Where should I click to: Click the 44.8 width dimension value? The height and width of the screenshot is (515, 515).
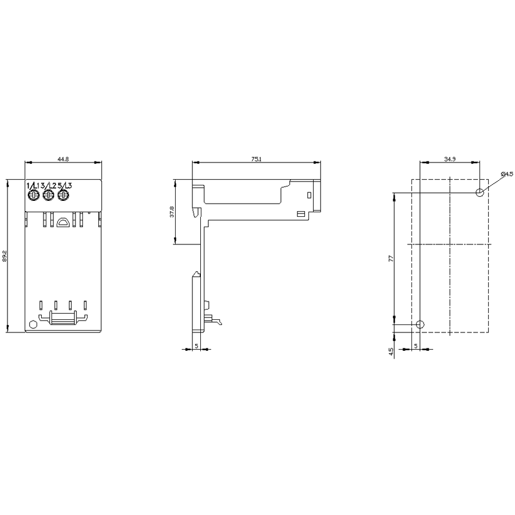[x=64, y=159]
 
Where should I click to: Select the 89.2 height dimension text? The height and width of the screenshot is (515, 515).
[x=4, y=256]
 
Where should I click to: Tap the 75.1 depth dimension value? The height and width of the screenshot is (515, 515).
[x=256, y=159]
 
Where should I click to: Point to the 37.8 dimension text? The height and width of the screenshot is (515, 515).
[x=172, y=212]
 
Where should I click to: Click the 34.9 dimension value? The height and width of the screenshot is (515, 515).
[x=450, y=159]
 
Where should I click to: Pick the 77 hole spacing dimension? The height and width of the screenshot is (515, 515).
[x=391, y=259]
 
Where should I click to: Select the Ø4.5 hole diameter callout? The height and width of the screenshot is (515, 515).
[x=507, y=174]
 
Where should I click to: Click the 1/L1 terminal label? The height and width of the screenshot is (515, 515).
[x=32, y=185]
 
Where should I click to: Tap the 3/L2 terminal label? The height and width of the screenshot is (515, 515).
[x=48, y=185]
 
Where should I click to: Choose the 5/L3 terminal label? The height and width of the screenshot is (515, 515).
[x=65, y=185]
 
